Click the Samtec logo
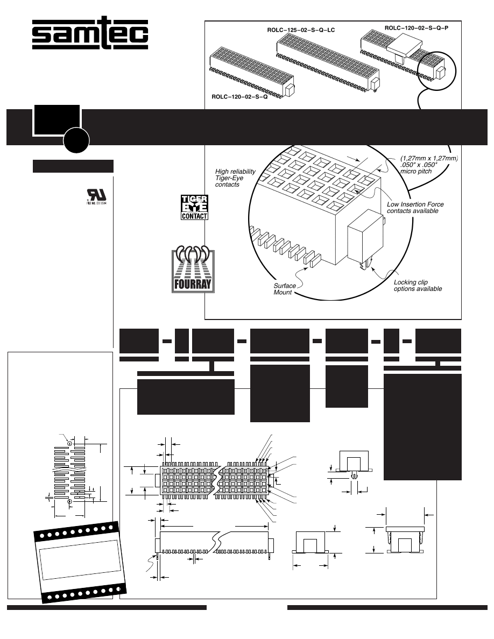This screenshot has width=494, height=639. pos(90,35)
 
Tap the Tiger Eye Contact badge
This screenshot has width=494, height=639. pos(193,207)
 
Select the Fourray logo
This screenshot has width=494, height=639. pos(193,271)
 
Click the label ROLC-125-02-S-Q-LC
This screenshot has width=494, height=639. pos(301,30)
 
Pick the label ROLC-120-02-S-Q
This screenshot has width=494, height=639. pos(239,97)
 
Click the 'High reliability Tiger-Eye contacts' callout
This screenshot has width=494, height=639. pos(235,177)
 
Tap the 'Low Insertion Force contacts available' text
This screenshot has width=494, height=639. pos(415,207)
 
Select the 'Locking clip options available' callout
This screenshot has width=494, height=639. pos(418,286)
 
